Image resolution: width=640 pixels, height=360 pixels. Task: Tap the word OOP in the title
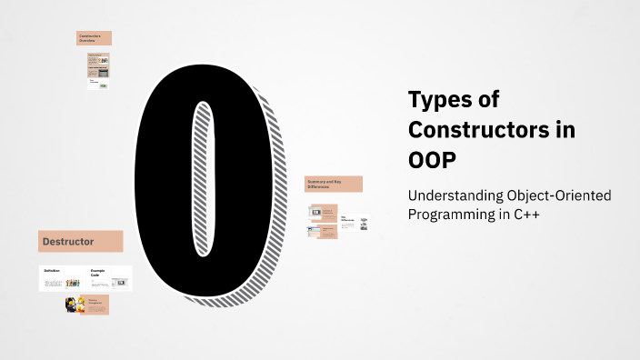[x=435, y=159]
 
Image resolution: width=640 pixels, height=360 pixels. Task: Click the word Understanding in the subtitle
[x=451, y=196]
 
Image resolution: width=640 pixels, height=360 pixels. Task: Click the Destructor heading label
[x=80, y=242]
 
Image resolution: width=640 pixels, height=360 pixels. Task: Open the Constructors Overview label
[x=94, y=38]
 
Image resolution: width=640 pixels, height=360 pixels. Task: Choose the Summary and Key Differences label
[x=334, y=184]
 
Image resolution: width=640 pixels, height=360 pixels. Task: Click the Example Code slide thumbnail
[x=109, y=278]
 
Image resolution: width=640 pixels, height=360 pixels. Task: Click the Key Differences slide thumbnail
[x=355, y=223]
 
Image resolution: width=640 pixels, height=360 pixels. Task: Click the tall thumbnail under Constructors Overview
[x=98, y=70]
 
